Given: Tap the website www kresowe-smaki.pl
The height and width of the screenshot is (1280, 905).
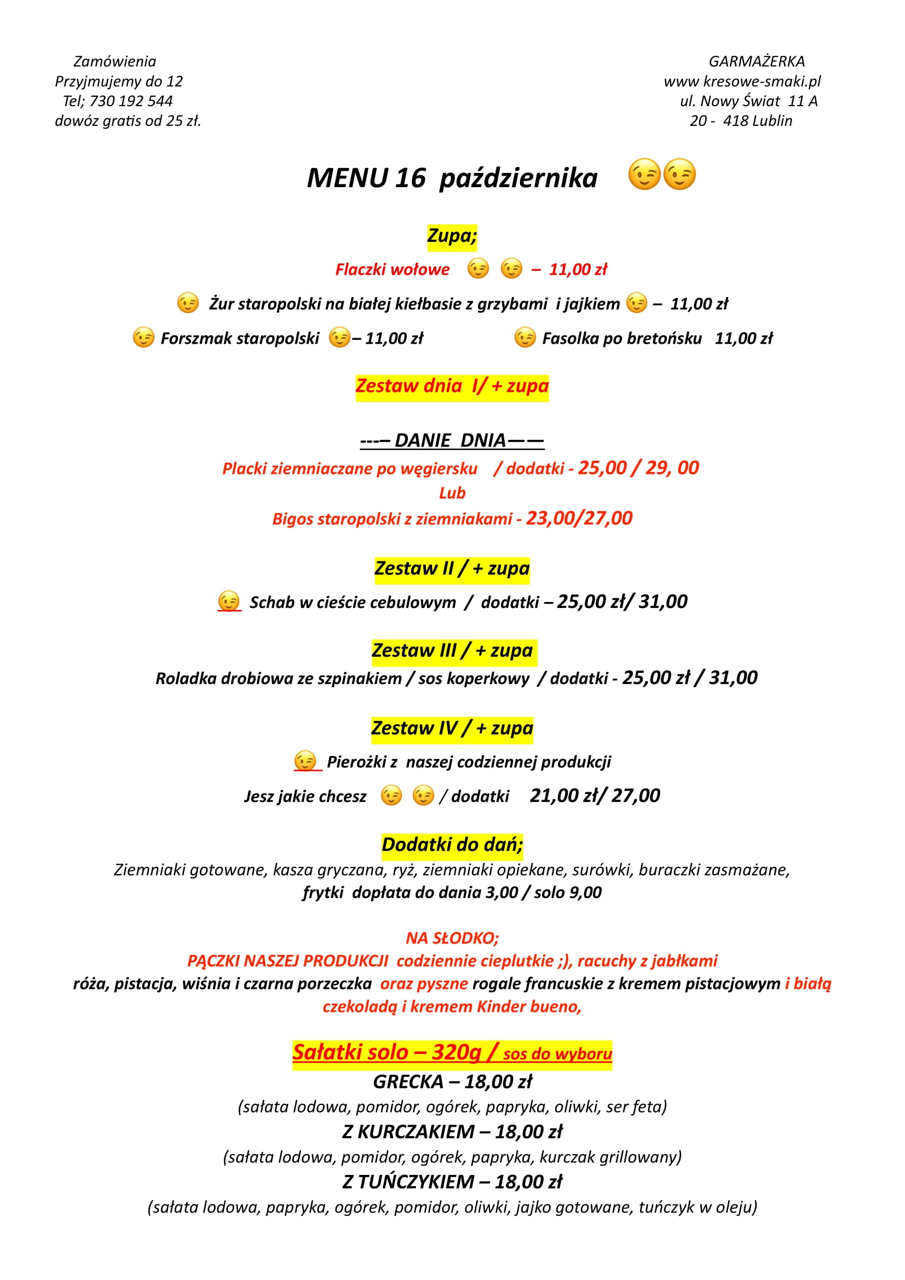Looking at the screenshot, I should pos(742,82).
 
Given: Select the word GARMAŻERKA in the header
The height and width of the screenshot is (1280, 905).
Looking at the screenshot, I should pos(756,61).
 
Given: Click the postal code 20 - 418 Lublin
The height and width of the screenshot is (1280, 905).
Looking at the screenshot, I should pos(741,121).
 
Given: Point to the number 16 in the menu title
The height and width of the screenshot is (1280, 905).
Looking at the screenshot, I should pos(410,178).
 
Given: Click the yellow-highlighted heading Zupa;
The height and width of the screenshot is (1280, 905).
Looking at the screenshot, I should pos(452,236).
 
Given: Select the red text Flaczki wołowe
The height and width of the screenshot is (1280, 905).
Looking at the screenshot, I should pos(392,270).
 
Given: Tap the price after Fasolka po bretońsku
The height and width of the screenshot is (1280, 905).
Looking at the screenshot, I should pos(743,338).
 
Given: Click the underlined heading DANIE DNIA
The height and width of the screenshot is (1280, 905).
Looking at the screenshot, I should pos(452,441).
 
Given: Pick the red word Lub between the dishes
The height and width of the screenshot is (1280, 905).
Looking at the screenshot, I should pos(452,493).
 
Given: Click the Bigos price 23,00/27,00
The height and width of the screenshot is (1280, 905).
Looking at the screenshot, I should pos(579,518).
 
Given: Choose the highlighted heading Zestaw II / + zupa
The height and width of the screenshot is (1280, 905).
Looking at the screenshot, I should pos(452,569).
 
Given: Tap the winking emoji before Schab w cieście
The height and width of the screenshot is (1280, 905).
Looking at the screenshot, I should pos(229,601).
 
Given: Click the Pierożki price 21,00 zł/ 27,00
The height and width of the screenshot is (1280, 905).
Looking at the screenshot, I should pos(595,796).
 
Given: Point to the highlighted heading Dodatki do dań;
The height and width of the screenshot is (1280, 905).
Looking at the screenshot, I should pos(452,844).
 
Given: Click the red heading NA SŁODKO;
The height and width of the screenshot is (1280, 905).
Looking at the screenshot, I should pos(452,938).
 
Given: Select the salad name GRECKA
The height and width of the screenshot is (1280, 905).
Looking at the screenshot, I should pos(408,1081).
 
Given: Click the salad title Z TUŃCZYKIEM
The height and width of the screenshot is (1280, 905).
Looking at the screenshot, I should pos(408,1181).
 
